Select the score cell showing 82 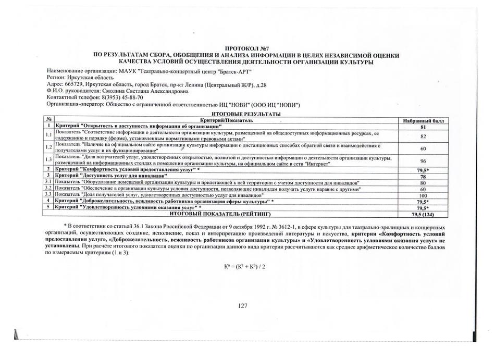click(423, 136)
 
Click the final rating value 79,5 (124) click(423, 214)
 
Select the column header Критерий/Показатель click(224, 120)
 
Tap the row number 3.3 click(48, 194)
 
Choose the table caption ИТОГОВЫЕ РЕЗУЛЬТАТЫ click(246, 114)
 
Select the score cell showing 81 click(423, 127)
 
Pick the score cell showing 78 click(423, 177)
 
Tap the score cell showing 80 click(423, 183)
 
